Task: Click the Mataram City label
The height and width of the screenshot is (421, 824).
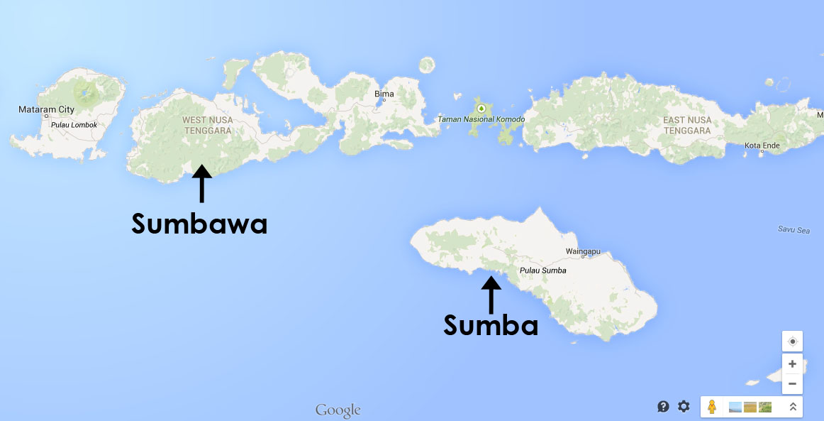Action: [x=46, y=109]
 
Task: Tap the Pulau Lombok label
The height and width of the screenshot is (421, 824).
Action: [x=74, y=125]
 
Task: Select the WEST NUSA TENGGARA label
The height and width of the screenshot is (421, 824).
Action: [x=208, y=125]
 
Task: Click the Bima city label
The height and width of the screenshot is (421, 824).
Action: [x=384, y=94]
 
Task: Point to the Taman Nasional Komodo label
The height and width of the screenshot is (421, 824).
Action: [x=481, y=119]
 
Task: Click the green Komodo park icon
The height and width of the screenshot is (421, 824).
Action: [x=481, y=108]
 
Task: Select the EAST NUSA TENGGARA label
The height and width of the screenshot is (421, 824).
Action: [x=686, y=125]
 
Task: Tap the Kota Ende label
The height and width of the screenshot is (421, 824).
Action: [x=762, y=146]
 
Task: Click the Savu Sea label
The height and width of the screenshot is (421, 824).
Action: [x=793, y=229]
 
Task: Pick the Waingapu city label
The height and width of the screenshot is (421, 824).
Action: [x=584, y=251]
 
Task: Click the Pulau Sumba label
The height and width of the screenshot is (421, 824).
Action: [x=542, y=270]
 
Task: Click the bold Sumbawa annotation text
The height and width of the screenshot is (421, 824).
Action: [x=199, y=224]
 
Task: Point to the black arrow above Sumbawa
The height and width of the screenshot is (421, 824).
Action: [x=201, y=184]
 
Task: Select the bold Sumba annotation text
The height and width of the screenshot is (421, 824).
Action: [x=491, y=325]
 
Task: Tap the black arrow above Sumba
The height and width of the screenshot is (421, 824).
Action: [x=491, y=294]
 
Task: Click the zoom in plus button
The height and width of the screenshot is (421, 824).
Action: [x=792, y=363]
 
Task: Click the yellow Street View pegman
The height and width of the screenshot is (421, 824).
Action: [x=712, y=407]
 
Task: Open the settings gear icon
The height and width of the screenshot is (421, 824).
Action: [x=684, y=406]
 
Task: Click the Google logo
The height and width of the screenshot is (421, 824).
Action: [x=338, y=410]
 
